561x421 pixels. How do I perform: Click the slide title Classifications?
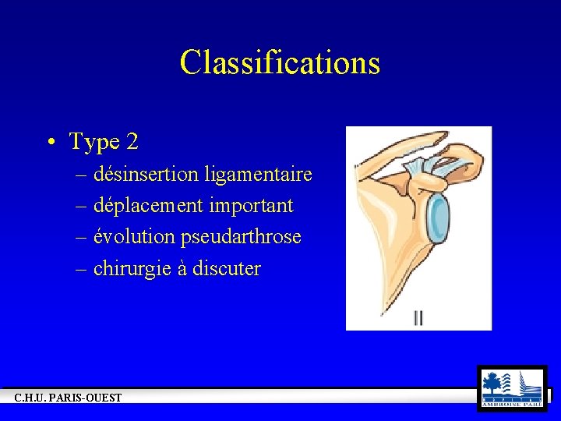pyautogui.click(x=280, y=62)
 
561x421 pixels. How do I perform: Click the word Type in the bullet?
pyautogui.click(x=93, y=142)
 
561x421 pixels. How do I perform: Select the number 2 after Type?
pyautogui.click(x=132, y=142)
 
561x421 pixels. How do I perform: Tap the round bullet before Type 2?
pyautogui.click(x=50, y=143)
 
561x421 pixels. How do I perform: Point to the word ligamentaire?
pyautogui.click(x=259, y=174)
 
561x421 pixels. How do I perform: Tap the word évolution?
pyautogui.click(x=135, y=237)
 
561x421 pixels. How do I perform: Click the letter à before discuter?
pyautogui.click(x=179, y=270)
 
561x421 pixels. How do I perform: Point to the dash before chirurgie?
pyautogui.click(x=82, y=270)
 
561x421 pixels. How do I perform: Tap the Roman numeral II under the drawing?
pyautogui.click(x=419, y=317)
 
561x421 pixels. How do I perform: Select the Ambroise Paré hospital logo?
pyautogui.click(x=512, y=388)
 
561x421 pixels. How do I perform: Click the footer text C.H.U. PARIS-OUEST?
pyautogui.click(x=69, y=398)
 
